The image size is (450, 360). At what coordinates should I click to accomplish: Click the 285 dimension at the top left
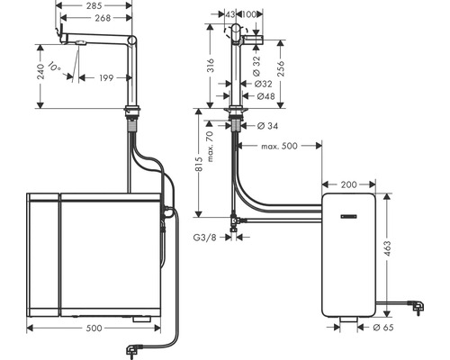(94, 6)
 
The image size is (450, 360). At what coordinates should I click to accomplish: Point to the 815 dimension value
(199, 166)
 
